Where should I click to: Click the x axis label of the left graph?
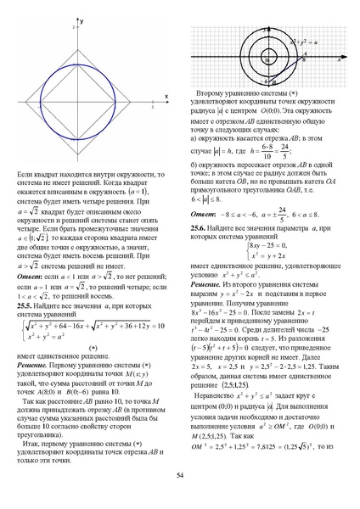click(166, 95)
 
